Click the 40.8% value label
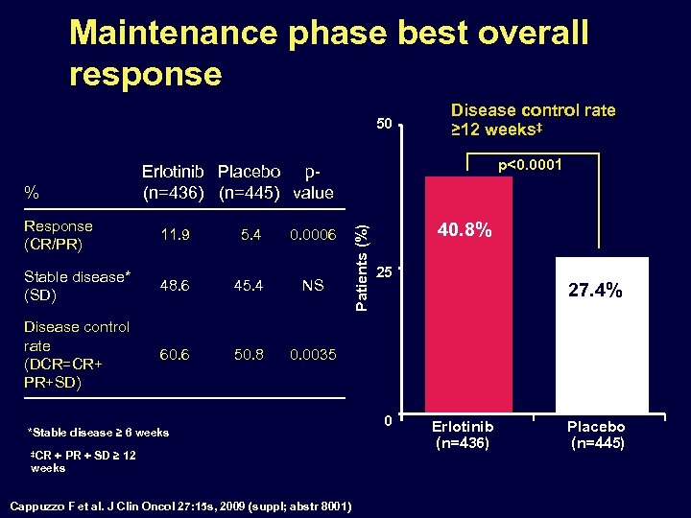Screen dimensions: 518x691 (x=465, y=230)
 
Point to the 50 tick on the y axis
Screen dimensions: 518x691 (x=383, y=124)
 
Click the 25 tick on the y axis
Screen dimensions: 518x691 (x=383, y=271)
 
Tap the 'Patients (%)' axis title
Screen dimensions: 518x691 (x=359, y=266)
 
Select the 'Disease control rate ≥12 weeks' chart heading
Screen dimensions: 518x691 (x=533, y=120)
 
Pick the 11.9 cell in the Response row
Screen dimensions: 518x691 (x=176, y=234)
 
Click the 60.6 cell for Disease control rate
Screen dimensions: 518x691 (x=176, y=355)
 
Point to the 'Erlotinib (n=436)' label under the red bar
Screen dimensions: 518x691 (x=463, y=435)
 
